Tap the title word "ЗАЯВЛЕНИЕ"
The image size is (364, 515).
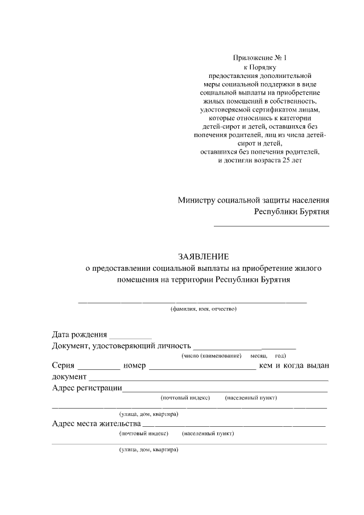tap(204, 257)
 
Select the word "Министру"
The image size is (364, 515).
tap(197, 200)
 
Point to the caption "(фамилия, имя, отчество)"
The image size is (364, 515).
tap(204, 309)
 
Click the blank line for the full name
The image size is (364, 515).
tap(192, 301)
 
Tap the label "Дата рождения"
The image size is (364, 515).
tap(79, 334)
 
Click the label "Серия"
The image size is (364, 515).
tap(63, 365)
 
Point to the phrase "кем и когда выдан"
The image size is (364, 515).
tap(293, 365)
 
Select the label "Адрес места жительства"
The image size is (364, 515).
tap(96, 423)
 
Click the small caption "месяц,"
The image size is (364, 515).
tap(251, 356)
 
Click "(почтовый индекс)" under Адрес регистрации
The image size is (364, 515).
tap(185, 398)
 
